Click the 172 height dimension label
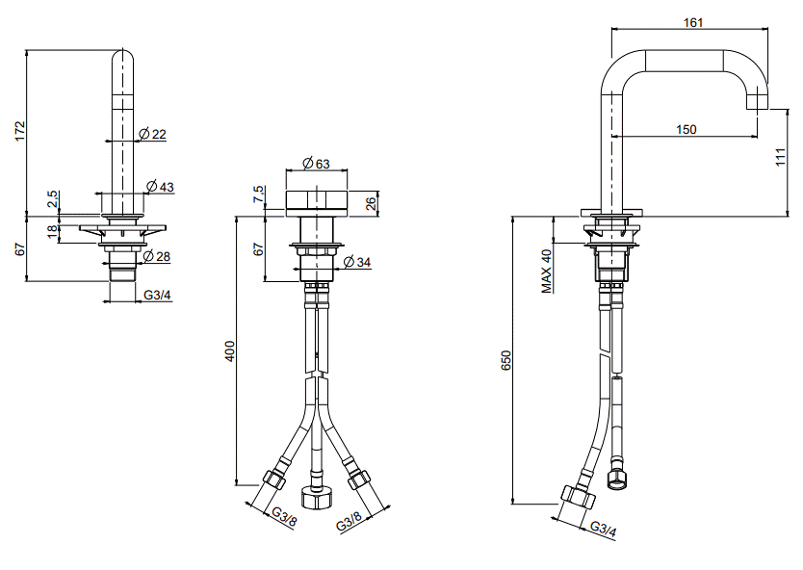point(19,131)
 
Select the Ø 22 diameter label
point(153,134)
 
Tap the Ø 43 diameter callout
point(160,187)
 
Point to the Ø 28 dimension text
point(156,256)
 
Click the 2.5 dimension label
point(53,199)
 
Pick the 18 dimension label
point(53,231)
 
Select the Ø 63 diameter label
point(316,164)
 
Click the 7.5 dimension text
point(259,194)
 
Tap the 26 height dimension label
point(371,203)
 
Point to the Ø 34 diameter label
point(356,262)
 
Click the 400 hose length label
point(230,351)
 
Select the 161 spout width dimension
point(693,22)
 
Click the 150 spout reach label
point(686,129)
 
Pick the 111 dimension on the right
point(780,157)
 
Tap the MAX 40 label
point(547,272)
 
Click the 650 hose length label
point(506,361)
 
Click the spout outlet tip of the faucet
point(757,109)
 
